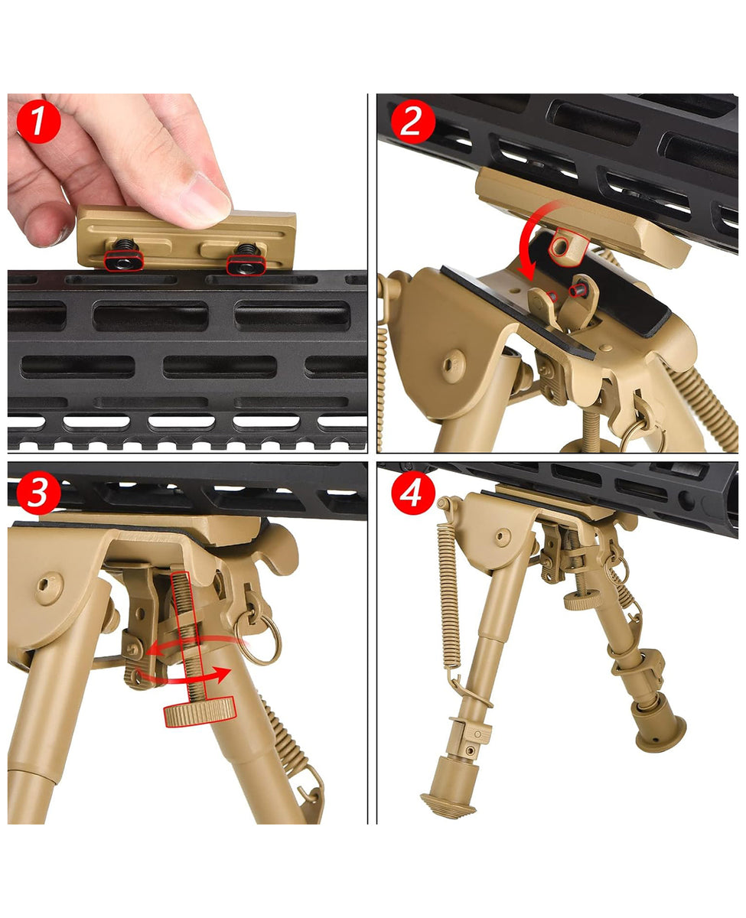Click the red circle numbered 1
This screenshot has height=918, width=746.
(x=37, y=122)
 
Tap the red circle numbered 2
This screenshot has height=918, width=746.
(x=412, y=122)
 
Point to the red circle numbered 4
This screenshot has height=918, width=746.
(x=412, y=493)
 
